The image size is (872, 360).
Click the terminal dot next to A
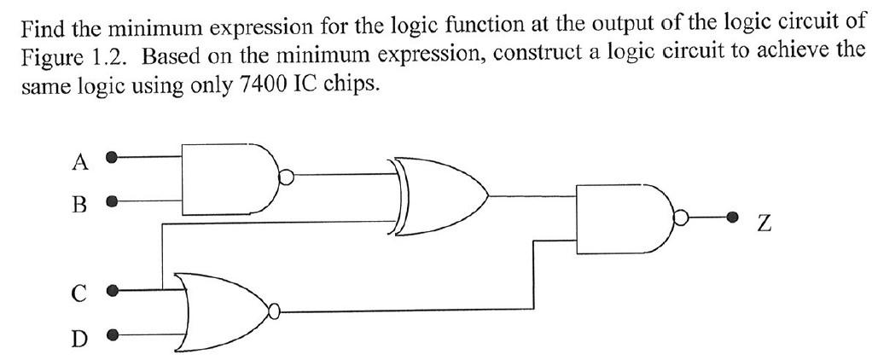click(111, 158)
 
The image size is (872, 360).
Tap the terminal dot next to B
click(111, 203)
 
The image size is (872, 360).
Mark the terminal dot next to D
click(111, 335)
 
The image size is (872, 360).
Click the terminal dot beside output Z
click(731, 218)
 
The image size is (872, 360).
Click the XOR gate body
click(439, 195)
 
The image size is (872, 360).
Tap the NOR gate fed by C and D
click(222, 312)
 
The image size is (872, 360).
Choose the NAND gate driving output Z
click(623, 218)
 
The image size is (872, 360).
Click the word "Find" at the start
click(44, 31)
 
